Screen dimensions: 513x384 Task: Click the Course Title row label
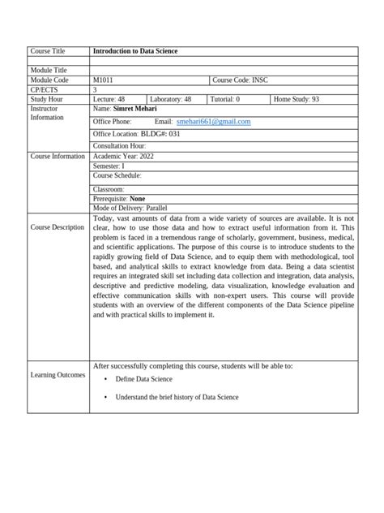coord(48,52)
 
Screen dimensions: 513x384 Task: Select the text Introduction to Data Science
coord(135,52)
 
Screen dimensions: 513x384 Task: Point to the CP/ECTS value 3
coord(96,89)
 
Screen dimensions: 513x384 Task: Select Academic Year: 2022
coord(123,155)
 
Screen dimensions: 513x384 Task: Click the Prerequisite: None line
coord(120,198)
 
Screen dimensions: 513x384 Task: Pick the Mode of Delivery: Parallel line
coord(130,208)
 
